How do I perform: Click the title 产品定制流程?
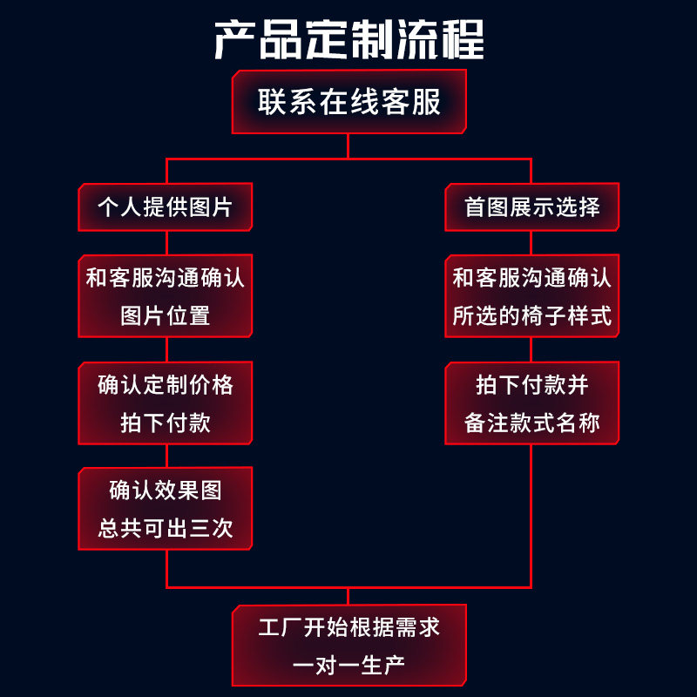point(348,40)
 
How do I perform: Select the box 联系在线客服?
point(348,103)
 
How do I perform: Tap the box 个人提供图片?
point(165,207)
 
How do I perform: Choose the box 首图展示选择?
point(531,207)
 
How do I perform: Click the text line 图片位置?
point(165,315)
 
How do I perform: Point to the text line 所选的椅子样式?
point(531,315)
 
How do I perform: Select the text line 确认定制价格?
point(165,384)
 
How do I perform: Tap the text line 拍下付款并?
point(531,384)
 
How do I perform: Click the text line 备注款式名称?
point(531,423)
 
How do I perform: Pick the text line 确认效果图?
point(165,491)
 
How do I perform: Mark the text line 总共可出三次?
point(165,529)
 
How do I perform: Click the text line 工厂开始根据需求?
point(348,628)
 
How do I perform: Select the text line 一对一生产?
point(348,667)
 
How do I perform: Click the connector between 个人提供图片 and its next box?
point(166,243)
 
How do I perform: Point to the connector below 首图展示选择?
point(531,243)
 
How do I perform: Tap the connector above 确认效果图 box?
point(166,456)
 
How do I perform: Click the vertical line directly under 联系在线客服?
point(348,145)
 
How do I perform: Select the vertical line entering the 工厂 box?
point(348,596)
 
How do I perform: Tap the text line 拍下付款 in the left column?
point(165,423)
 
